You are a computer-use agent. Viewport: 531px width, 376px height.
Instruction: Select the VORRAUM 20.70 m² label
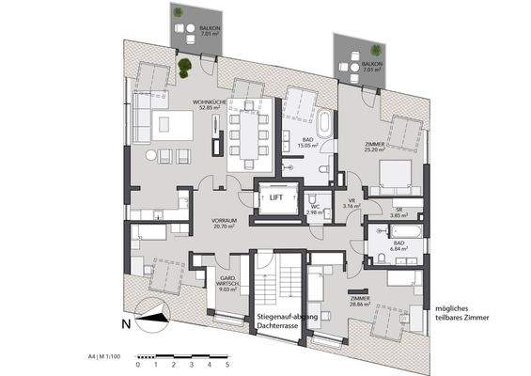tap(223, 223)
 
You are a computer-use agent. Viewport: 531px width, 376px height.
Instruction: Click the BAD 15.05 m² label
tap(309, 143)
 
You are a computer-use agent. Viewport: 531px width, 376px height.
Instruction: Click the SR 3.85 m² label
tap(398, 212)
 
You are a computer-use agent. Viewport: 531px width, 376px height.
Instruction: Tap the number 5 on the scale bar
tap(226, 365)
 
